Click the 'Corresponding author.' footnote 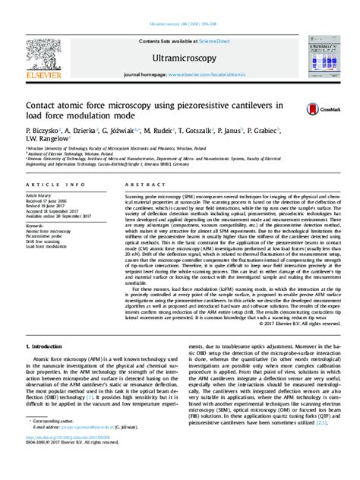pyautogui.click(x=55, y=441)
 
